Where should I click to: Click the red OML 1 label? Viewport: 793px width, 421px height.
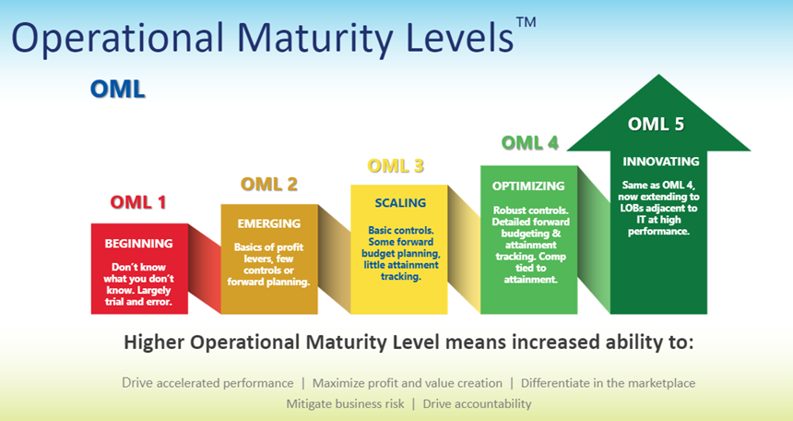coord(138,202)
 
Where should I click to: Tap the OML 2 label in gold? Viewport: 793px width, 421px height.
coord(269,184)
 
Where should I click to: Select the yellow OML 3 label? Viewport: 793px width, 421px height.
coord(396,165)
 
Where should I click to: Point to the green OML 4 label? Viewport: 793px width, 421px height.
coord(530,143)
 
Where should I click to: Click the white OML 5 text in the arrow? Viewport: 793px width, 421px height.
coord(656,124)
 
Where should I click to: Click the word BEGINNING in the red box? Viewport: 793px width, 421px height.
coord(138,244)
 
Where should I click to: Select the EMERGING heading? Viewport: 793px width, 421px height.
coord(269,223)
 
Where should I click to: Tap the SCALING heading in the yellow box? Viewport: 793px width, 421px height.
coord(400,203)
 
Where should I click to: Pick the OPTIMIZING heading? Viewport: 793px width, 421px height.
coord(528,186)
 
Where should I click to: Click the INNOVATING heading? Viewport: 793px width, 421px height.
coord(661,162)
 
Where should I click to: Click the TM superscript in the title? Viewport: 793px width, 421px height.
coord(526,23)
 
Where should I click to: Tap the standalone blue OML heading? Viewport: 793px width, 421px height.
coord(117,90)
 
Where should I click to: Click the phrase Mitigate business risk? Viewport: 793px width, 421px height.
coord(346,403)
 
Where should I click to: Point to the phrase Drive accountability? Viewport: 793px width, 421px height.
coord(477,403)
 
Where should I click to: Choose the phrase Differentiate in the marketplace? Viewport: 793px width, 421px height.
coord(608,383)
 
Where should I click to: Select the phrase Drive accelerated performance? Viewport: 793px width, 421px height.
coord(207,383)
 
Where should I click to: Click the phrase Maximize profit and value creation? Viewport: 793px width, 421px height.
coord(408,383)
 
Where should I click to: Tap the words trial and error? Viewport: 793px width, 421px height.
coord(138,302)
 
